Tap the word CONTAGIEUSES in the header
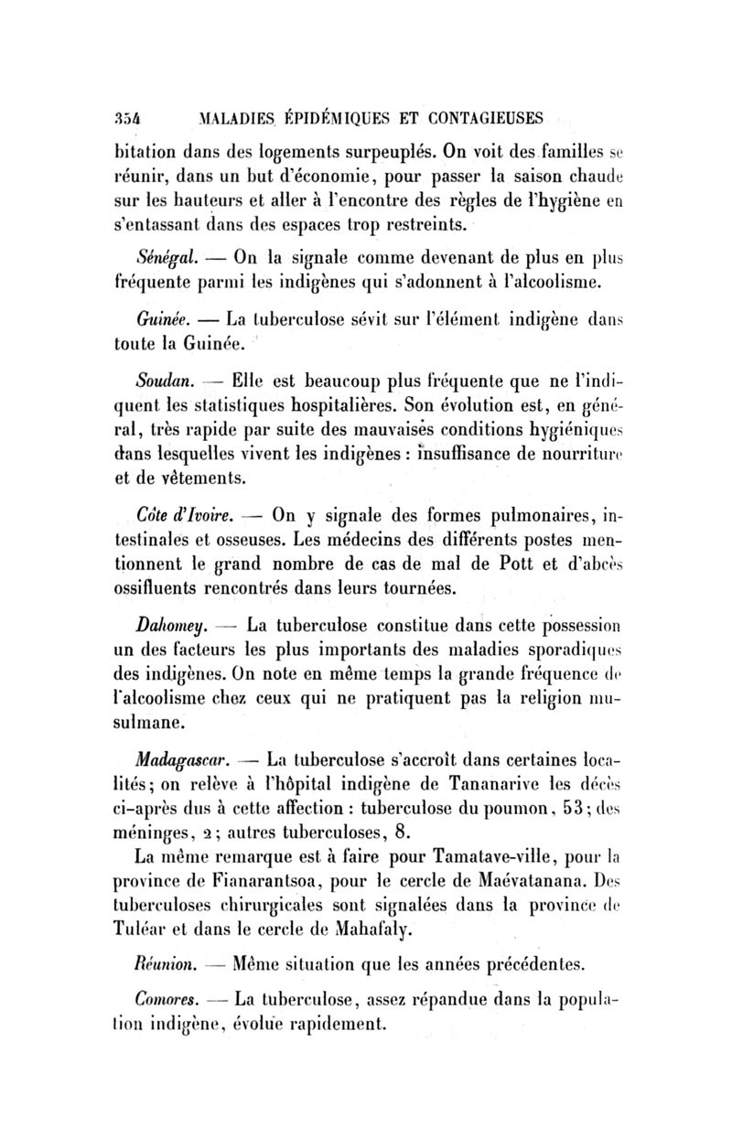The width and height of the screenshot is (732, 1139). tap(475, 118)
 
